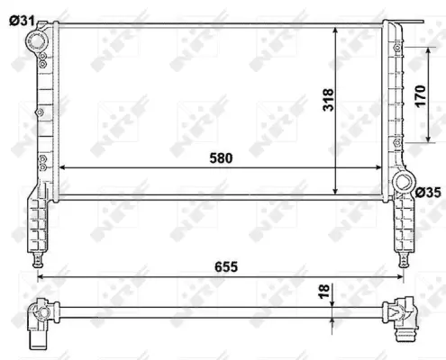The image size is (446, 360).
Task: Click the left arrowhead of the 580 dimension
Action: click(62, 167)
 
